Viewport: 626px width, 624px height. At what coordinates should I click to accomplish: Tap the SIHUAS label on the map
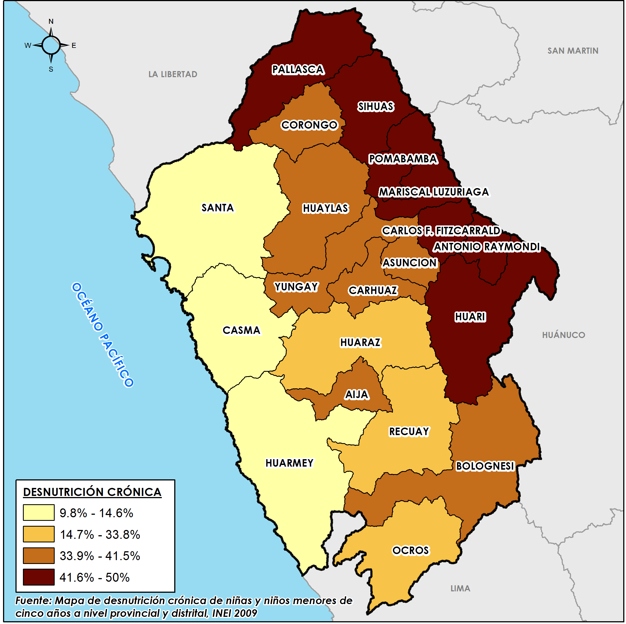tap(376, 106)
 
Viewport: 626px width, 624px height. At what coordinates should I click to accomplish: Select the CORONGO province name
tap(310, 125)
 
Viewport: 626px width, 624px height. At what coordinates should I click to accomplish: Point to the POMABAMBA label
tap(403, 159)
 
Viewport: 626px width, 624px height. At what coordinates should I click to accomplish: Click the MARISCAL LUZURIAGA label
tap(434, 192)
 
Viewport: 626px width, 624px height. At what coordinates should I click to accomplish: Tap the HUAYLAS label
tap(325, 208)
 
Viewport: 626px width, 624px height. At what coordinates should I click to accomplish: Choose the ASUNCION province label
tap(410, 263)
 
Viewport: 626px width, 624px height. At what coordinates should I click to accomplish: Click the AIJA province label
tap(357, 395)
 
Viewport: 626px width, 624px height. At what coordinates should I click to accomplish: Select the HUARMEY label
tap(290, 463)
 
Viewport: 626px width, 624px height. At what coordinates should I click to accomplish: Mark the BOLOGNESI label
tap(485, 466)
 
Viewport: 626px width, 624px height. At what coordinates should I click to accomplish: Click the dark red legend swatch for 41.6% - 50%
tap(39, 577)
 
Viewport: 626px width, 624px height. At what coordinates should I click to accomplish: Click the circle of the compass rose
tap(51, 45)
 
